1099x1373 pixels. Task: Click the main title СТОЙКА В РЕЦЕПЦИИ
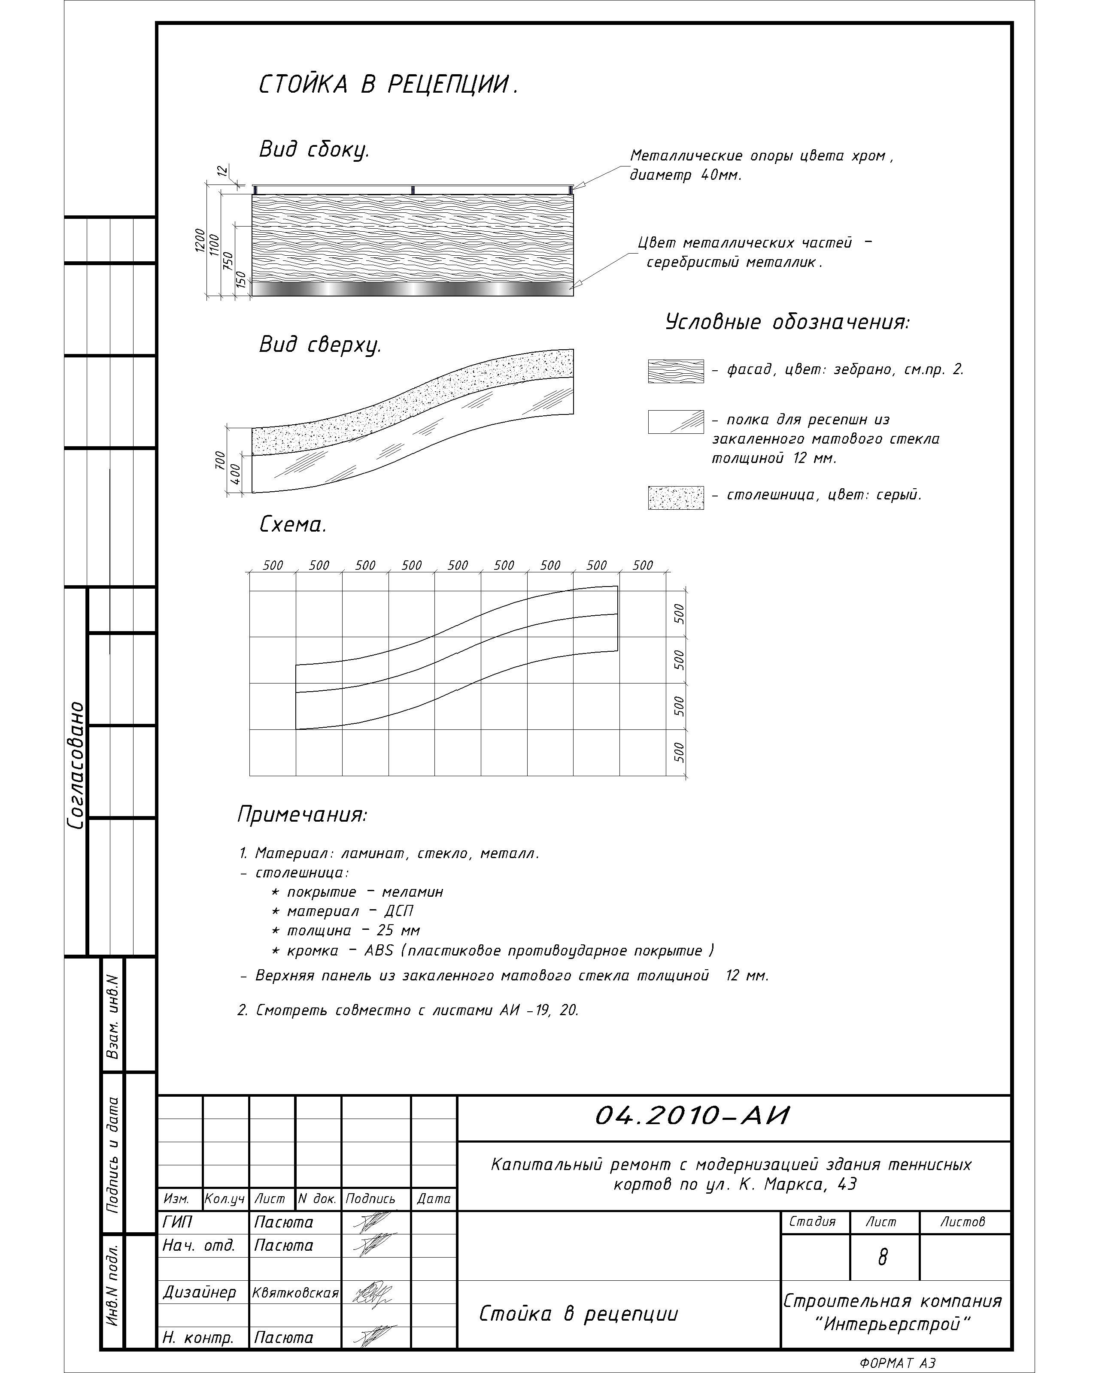pos(388,85)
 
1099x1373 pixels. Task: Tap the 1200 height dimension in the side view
pos(200,241)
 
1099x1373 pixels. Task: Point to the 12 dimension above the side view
pos(222,171)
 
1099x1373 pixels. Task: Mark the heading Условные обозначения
pos(787,322)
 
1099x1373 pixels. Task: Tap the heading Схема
pos(293,525)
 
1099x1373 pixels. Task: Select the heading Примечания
pos(302,814)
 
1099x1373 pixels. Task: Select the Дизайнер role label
pos(200,1292)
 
